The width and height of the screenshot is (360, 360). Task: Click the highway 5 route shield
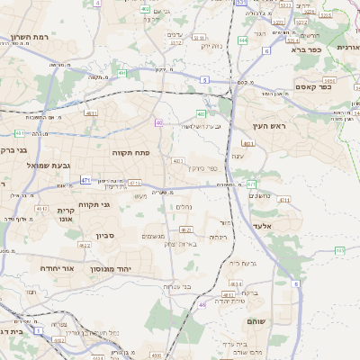point(204,80)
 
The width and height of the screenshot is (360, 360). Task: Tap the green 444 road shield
point(243,40)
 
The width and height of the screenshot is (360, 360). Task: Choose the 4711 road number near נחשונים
point(284,201)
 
